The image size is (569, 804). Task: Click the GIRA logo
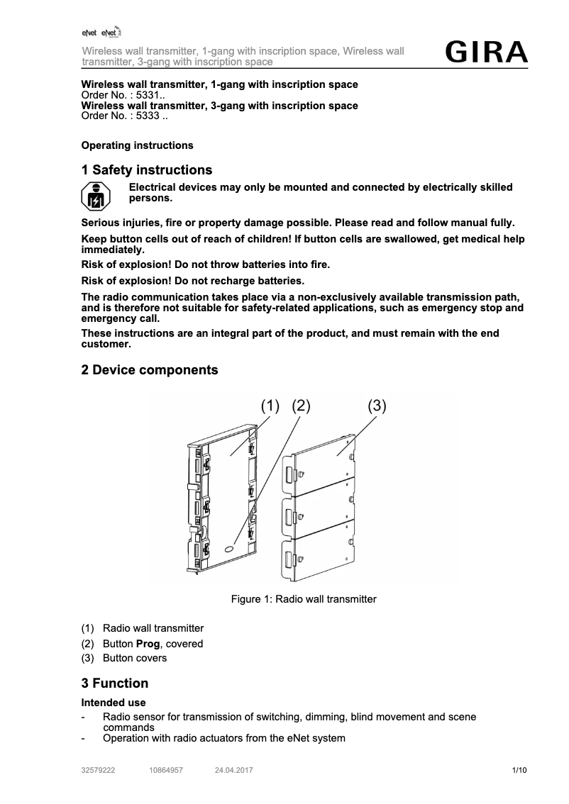click(x=486, y=52)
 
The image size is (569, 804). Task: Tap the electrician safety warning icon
click(x=95, y=196)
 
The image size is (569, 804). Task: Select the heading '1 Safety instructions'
click(x=147, y=170)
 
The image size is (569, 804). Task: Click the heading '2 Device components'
click(x=150, y=370)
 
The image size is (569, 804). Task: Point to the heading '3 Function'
click(x=115, y=683)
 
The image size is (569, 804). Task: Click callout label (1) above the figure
click(x=271, y=406)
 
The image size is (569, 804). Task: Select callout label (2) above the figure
click(x=302, y=406)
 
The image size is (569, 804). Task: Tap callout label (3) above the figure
click(x=377, y=406)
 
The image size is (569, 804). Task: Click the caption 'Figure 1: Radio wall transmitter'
click(x=304, y=599)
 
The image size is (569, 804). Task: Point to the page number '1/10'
click(x=519, y=770)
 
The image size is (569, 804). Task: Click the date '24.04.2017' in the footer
click(x=234, y=770)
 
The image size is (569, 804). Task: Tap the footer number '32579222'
click(x=99, y=770)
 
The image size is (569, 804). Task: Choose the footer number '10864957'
click(x=166, y=770)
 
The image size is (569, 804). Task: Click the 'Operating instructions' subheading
click(x=138, y=145)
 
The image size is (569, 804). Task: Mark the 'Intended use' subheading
click(x=114, y=703)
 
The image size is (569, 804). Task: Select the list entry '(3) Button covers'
click(x=125, y=658)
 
